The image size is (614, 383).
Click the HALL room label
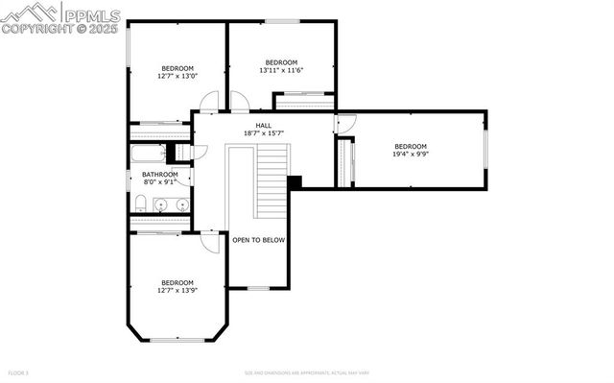point(263,126)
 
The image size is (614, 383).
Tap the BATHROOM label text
point(160,174)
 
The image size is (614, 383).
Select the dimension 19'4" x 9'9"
point(410,154)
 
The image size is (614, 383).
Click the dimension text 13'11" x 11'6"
point(281,70)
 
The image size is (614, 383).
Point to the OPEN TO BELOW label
point(258,240)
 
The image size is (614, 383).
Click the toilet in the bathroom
point(140,203)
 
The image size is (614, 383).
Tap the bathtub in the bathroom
point(149,154)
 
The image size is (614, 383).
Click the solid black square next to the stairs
point(295,180)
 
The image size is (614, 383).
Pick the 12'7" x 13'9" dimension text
point(177,289)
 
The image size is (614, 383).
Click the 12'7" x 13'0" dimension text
point(177,76)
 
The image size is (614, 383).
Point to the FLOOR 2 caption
point(18,371)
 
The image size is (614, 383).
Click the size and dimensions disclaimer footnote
point(306,371)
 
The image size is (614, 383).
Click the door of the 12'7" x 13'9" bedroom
point(208,242)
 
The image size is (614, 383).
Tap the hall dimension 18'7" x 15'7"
point(263,133)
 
